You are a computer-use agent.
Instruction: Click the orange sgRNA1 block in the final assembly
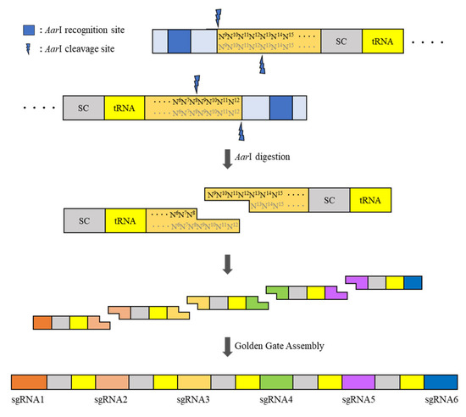click(28, 381)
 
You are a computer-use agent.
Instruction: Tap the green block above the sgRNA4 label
click(276, 381)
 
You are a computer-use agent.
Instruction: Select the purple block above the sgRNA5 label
click(358, 381)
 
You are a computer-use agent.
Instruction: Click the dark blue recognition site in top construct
click(179, 41)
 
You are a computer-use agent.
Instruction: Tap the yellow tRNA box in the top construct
click(377, 41)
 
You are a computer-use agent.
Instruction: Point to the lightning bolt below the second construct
click(241, 131)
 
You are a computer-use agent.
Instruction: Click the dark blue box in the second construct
click(280, 108)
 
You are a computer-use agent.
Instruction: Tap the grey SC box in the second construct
click(83, 108)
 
